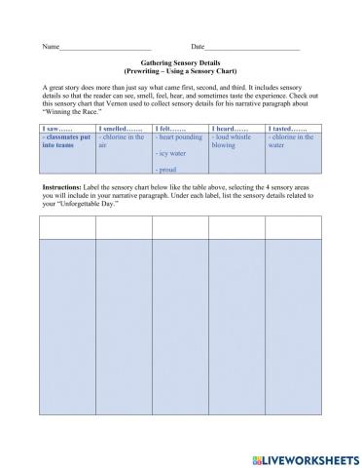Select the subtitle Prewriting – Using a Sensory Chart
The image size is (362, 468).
[182, 72]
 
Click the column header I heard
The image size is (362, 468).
[230, 129]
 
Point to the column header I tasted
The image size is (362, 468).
[287, 129]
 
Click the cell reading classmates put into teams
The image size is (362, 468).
[66, 141]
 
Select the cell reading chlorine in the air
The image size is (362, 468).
[123, 141]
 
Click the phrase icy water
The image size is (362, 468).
[172, 153]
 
